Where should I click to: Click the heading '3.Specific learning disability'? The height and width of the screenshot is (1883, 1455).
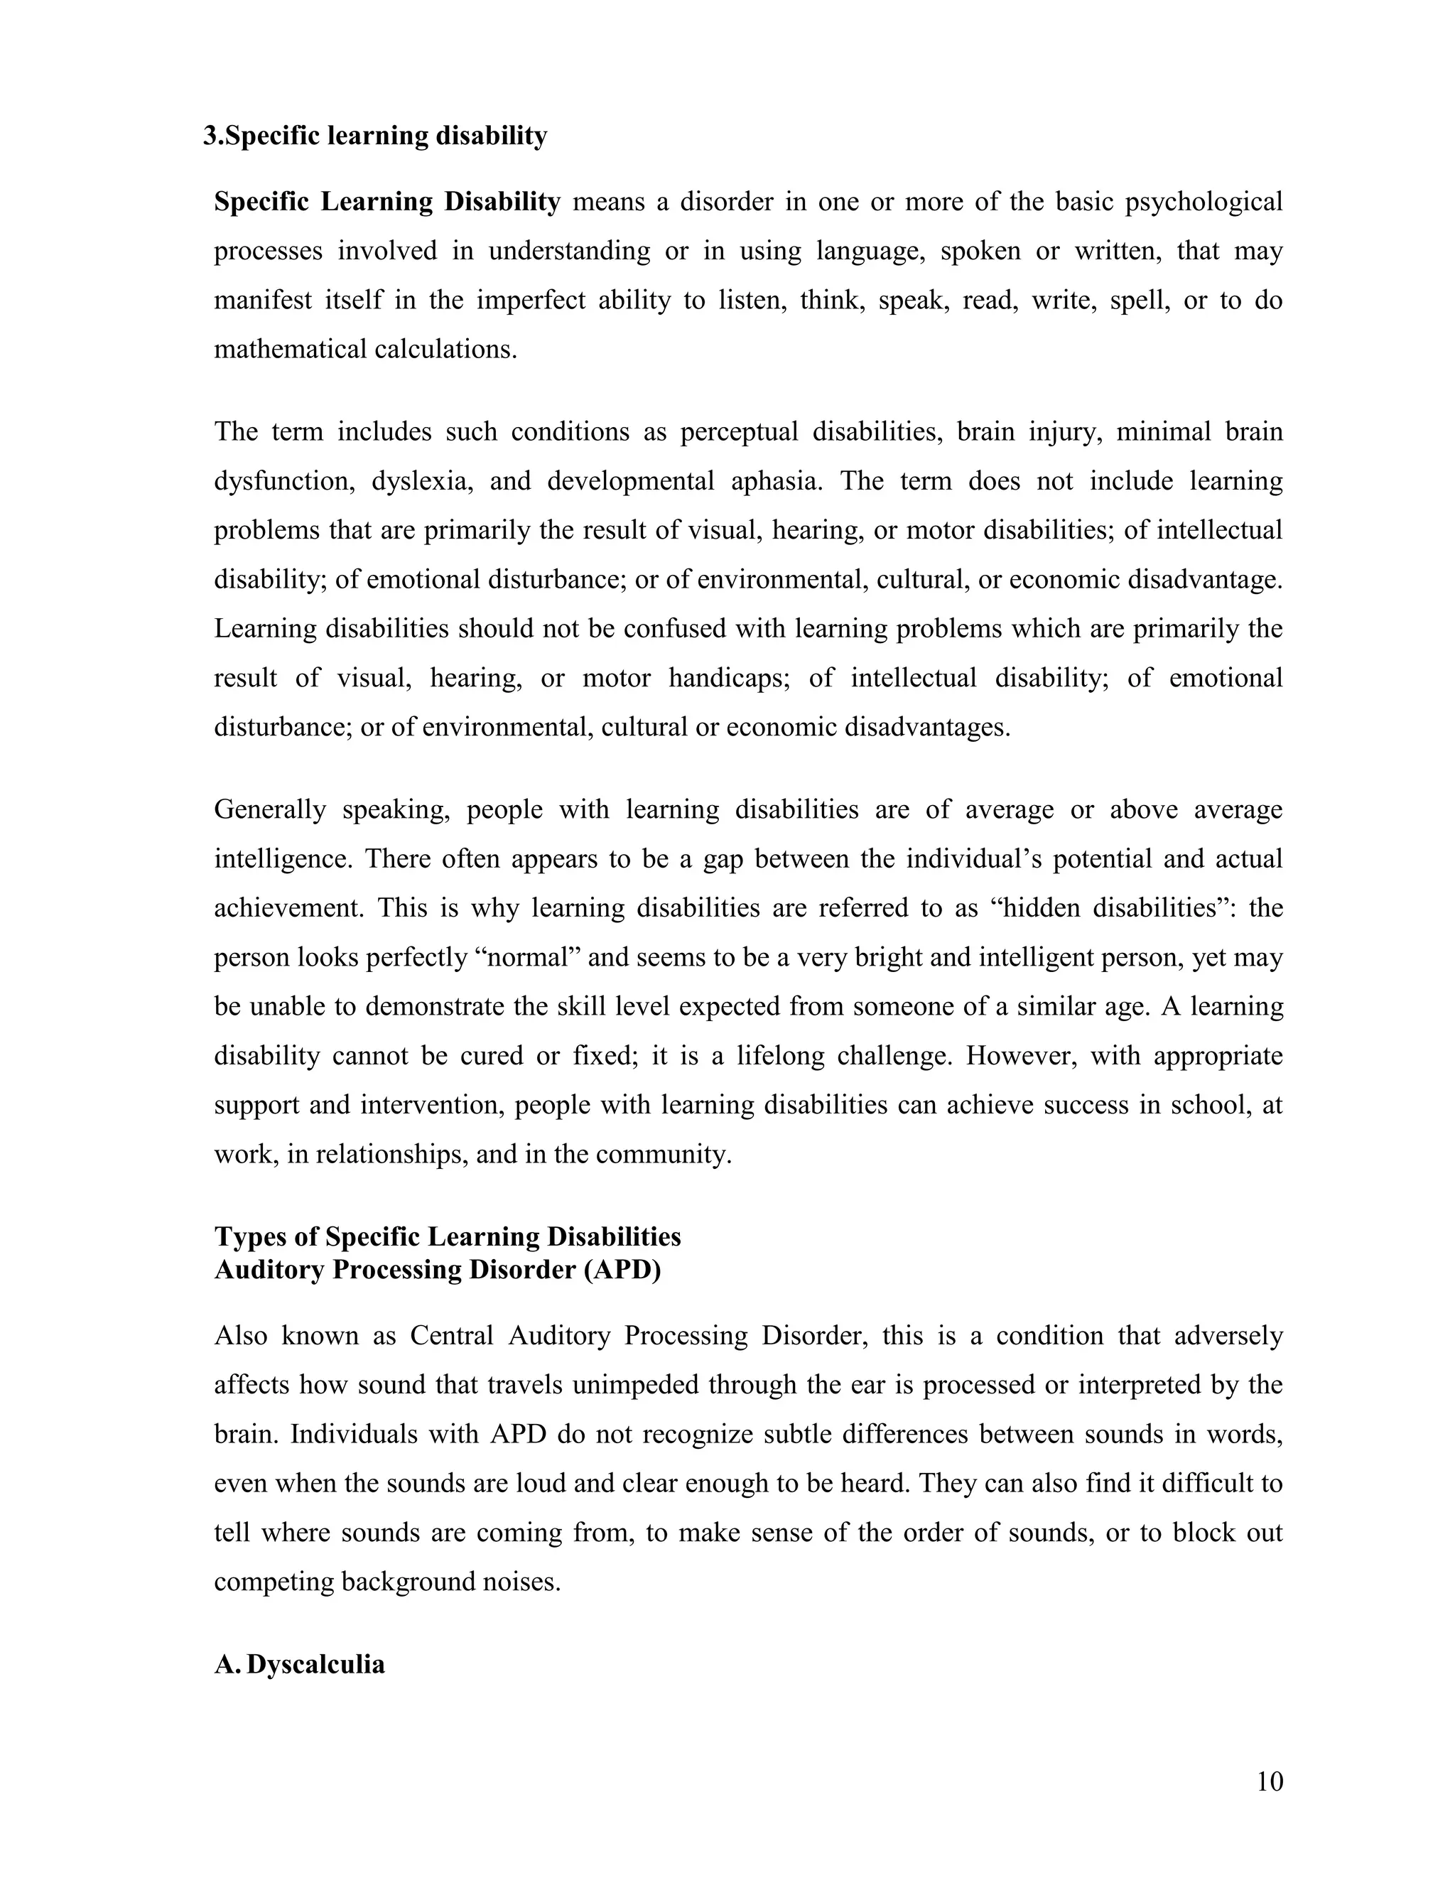tap(375, 136)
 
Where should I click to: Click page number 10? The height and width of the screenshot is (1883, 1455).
tap(1270, 1781)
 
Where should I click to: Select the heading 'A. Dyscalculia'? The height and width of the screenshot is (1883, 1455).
tap(299, 1663)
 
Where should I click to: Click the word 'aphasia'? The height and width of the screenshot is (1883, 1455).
tap(775, 480)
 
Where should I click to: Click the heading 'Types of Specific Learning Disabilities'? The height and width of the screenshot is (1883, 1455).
tap(448, 1236)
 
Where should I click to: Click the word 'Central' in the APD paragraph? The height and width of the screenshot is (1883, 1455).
tap(451, 1336)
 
